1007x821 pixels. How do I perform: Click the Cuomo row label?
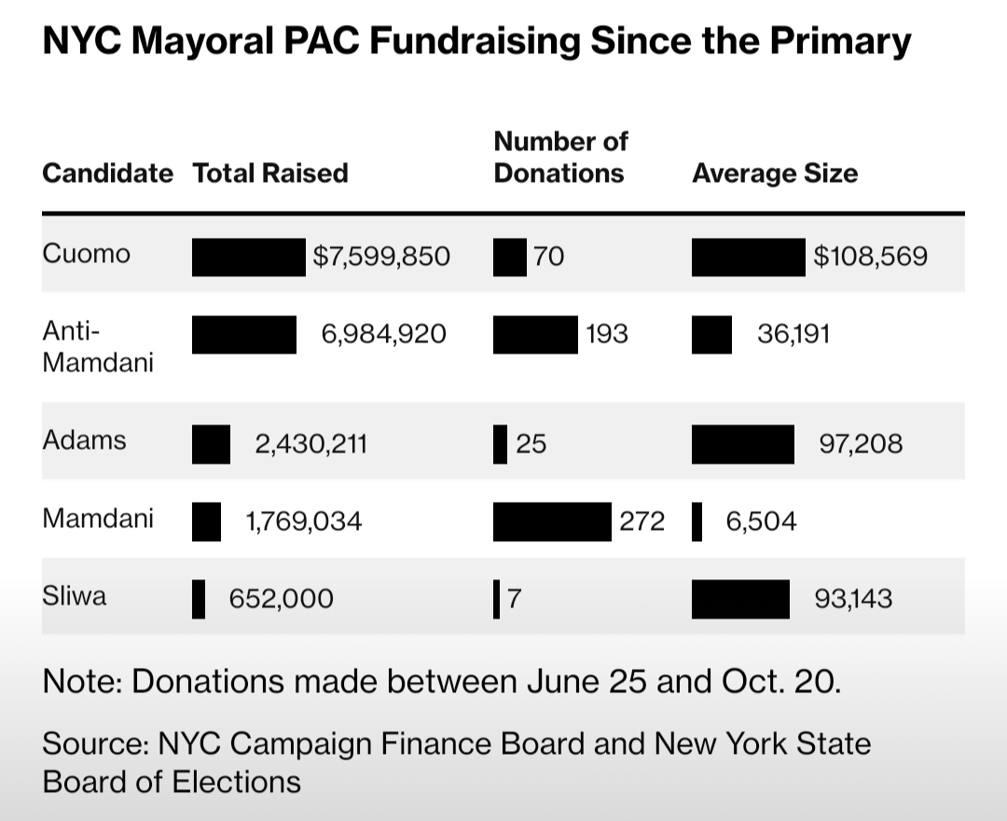(87, 255)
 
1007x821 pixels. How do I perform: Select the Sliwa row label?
(75, 596)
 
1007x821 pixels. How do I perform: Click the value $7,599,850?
(381, 257)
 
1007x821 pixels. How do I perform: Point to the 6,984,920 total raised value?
(384, 334)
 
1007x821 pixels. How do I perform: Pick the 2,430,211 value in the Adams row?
(311, 443)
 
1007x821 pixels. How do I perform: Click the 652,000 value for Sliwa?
(282, 599)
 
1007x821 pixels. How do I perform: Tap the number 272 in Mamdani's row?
(642, 522)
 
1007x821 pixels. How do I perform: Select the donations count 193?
(607, 334)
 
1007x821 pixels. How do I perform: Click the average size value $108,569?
(870, 257)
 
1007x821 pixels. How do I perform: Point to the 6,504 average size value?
(762, 522)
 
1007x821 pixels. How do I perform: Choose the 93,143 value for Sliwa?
(853, 599)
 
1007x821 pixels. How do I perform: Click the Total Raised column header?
(269, 174)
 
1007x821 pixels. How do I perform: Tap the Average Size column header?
(775, 174)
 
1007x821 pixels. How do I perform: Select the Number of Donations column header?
(559, 158)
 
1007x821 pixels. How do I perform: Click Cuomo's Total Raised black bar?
(249, 257)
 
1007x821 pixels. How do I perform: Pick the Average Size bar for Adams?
(743, 443)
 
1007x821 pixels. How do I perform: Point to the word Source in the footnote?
(94, 744)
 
